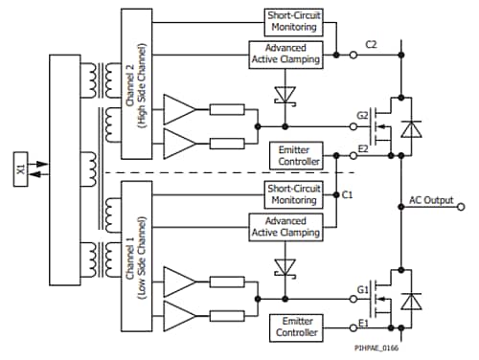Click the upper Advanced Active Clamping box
coord(285,56)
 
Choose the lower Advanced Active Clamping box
coord(285,226)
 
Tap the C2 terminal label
coord(372,44)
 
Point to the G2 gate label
coord(364,116)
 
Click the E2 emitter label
coord(364,150)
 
